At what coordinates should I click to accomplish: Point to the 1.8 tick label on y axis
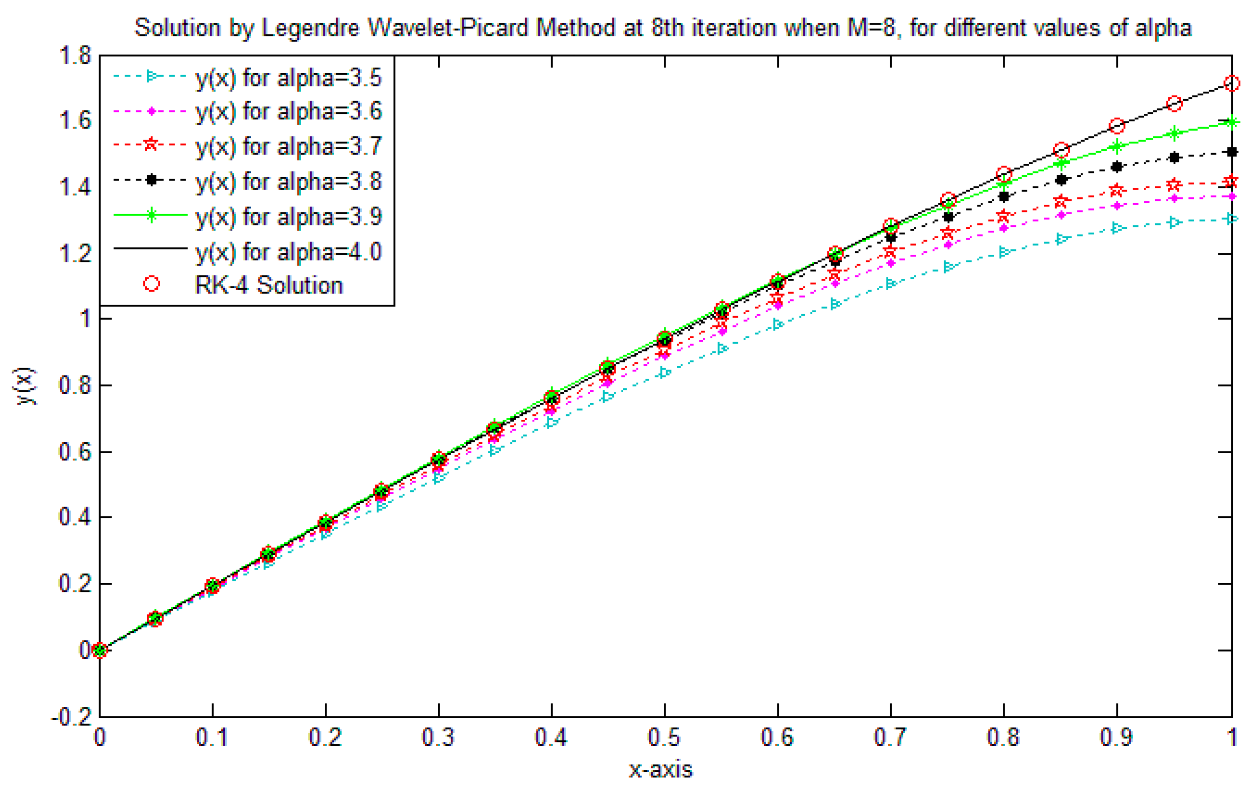(x=75, y=55)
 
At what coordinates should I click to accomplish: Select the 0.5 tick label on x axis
(x=664, y=737)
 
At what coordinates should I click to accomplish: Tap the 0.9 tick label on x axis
(x=1116, y=737)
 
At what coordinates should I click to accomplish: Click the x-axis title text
(x=660, y=770)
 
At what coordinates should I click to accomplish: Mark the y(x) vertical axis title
(x=25, y=386)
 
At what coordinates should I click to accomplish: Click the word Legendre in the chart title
(x=310, y=27)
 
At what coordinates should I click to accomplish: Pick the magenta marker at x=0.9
(x=1117, y=206)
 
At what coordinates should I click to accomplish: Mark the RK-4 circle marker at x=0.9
(x=1117, y=126)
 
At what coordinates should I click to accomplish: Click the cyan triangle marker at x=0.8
(x=1004, y=252)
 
